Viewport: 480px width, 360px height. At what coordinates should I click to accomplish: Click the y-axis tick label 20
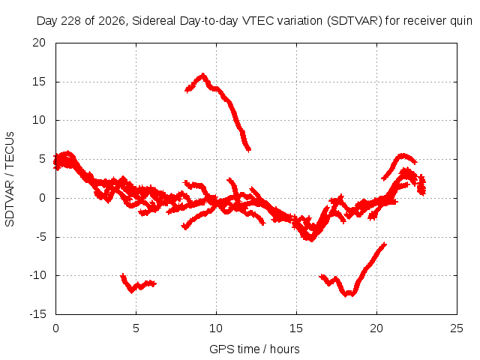[39, 43]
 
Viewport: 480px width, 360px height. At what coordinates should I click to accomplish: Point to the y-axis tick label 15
[39, 82]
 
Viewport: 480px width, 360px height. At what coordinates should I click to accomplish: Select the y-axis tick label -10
[37, 275]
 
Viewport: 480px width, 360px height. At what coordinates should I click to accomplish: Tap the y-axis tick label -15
[37, 314]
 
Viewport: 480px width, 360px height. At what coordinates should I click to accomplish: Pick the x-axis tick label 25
[457, 328]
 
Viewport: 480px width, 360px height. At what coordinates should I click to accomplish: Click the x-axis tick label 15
[296, 328]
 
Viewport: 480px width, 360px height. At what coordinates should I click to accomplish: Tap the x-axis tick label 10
[216, 328]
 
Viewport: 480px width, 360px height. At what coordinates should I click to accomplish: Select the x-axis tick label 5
[136, 328]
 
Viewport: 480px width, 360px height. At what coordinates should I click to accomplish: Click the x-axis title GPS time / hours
[254, 349]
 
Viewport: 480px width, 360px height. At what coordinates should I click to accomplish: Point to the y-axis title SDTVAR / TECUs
[10, 179]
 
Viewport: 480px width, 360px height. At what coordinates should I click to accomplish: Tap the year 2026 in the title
[112, 21]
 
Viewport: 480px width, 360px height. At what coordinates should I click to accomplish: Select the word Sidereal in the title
[154, 21]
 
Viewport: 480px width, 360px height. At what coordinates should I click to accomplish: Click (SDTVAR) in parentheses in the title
[355, 21]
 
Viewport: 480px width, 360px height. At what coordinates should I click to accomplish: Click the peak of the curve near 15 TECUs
[202, 74]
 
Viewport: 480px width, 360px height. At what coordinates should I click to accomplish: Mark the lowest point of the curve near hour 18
[346, 295]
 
